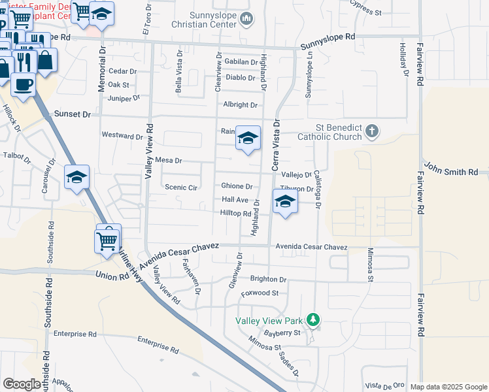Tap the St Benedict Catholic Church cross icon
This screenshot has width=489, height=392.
pyautogui.click(x=372, y=131)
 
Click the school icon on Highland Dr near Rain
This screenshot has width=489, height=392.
pyautogui.click(x=248, y=138)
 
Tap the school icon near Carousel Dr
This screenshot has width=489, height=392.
pyautogui.click(x=76, y=177)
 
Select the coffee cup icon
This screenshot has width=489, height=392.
pyautogui.click(x=24, y=84)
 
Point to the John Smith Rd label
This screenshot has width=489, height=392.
pyautogui.click(x=450, y=171)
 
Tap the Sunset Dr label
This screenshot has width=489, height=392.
pyautogui.click(x=73, y=114)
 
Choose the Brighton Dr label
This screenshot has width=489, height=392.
pyautogui.click(x=268, y=279)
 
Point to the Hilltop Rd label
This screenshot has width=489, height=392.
pyautogui.click(x=235, y=214)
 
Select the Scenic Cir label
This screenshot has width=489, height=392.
pyautogui.click(x=181, y=187)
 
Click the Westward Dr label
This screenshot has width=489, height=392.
pyautogui.click(x=122, y=136)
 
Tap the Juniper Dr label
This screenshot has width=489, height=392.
pyautogui.click(x=124, y=98)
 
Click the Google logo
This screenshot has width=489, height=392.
pyautogui.click(x=22, y=384)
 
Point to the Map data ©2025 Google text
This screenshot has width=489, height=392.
pyautogui.click(x=448, y=387)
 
